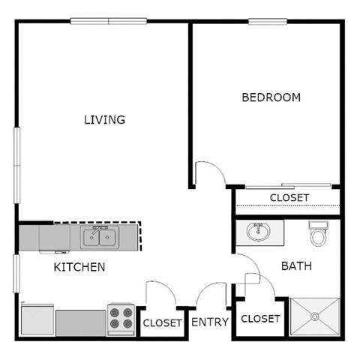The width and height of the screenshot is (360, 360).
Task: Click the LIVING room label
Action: [104, 119]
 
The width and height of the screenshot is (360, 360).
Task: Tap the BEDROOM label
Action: [271, 97]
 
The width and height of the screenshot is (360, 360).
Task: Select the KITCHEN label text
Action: [79, 267]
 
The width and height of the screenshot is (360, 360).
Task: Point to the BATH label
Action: [296, 265]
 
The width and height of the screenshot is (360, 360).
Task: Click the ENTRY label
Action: [210, 322]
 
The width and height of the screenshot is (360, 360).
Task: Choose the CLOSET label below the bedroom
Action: [289, 197]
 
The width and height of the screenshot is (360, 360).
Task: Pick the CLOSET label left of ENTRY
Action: [162, 323]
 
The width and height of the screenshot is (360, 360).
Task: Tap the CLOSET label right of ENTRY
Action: [260, 319]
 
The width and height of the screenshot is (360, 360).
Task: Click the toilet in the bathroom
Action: [318, 234]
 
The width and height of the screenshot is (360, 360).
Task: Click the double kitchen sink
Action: [99, 238]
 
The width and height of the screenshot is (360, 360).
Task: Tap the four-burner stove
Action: [121, 320]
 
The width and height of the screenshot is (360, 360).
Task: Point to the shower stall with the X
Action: [315, 317]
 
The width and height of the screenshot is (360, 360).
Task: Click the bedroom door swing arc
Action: [208, 173]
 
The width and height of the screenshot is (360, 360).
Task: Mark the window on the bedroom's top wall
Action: [269, 21]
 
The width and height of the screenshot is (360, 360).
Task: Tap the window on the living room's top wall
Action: [108, 21]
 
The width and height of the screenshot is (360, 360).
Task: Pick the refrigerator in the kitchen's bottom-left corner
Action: [37, 320]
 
